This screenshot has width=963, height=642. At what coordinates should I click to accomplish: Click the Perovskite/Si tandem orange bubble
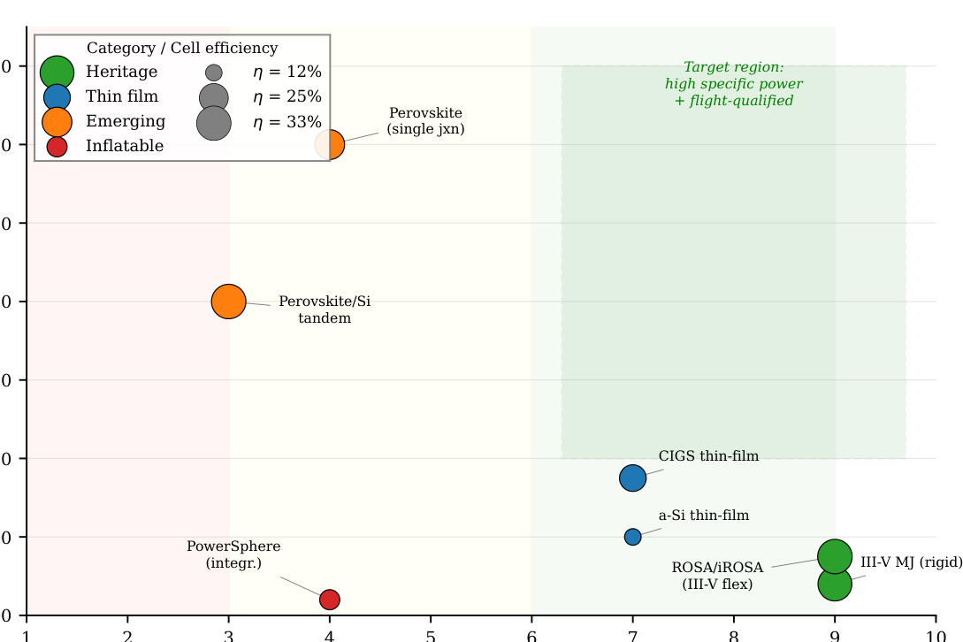click(228, 302)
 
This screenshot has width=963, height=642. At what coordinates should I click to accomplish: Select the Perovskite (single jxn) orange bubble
click(330, 144)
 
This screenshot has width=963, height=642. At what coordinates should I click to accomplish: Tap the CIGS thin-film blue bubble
click(633, 478)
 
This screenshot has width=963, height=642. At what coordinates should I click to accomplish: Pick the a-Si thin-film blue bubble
click(633, 537)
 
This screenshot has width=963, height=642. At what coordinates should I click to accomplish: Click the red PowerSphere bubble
click(330, 600)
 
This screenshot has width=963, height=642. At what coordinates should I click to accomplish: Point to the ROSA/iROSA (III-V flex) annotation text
click(717, 576)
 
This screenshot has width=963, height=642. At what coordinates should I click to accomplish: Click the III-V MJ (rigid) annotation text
click(911, 562)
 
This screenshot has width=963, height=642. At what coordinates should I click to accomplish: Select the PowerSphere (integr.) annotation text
click(233, 554)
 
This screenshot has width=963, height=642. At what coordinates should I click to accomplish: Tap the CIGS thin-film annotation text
click(708, 456)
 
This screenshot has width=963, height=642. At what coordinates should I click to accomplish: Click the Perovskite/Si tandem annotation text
click(325, 310)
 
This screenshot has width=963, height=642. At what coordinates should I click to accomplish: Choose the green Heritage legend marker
click(57, 72)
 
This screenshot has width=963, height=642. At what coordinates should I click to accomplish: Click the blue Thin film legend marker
click(57, 96)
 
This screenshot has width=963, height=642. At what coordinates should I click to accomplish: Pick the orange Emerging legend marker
click(57, 121)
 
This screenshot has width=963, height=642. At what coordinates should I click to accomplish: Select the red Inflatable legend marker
click(57, 147)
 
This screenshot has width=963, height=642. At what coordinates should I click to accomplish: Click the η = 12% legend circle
click(214, 73)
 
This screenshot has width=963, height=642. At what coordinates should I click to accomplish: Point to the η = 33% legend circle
click(214, 122)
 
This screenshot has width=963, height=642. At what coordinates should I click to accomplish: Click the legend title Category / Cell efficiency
click(182, 49)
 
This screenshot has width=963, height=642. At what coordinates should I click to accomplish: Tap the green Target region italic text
click(734, 84)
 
